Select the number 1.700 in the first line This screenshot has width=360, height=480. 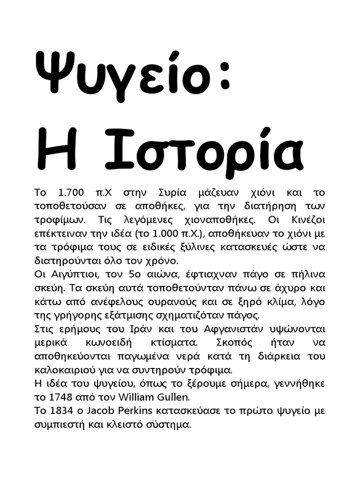click(71, 193)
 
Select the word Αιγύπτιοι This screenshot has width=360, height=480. click(69, 274)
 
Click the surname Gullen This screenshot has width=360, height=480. click(173, 397)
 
